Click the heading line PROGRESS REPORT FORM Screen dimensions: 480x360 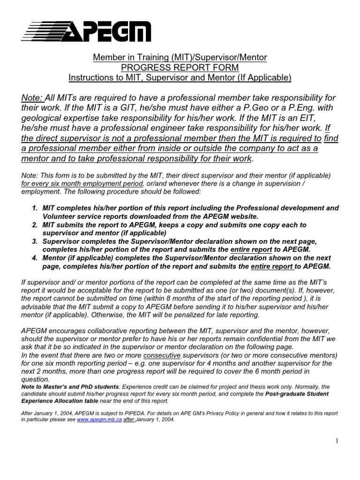[180, 67]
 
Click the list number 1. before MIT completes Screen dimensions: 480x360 [35, 207]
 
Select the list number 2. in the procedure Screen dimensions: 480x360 [35, 225]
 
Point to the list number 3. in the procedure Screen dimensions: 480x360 [35, 241]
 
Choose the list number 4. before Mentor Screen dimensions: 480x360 [35, 258]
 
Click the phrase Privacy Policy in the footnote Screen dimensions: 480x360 [213, 413]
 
